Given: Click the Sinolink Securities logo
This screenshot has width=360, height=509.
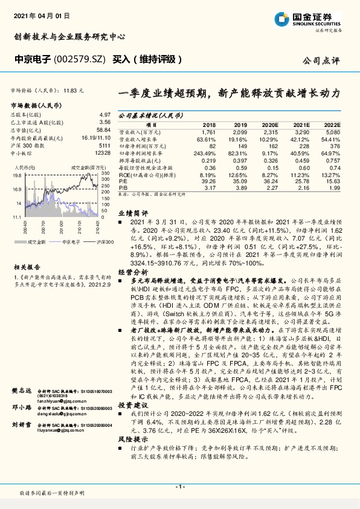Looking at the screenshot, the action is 320,19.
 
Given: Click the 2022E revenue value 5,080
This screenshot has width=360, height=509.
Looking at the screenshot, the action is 333,131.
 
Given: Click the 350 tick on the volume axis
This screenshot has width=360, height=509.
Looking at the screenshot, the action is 106,173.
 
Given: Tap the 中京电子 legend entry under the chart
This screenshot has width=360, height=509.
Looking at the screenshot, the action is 72,241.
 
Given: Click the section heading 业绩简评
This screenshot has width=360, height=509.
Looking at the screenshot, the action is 132,213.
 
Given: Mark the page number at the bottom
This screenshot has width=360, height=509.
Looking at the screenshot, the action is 179,486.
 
